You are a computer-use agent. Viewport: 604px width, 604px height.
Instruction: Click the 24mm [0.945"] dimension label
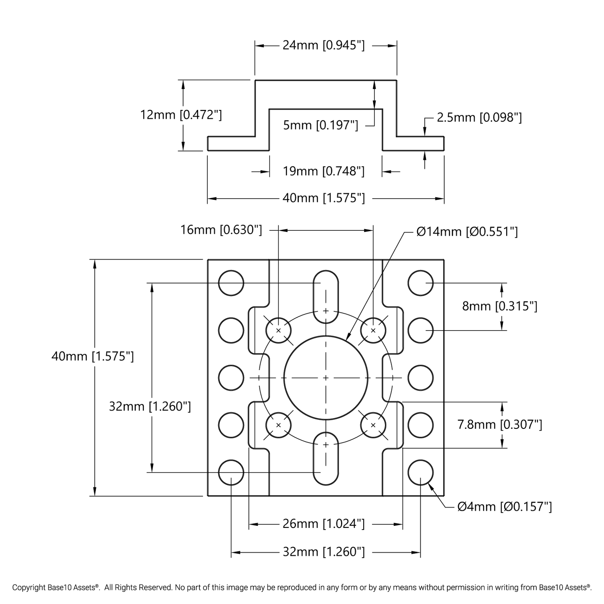coord(324,45)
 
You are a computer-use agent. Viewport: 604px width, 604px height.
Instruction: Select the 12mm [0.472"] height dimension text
coord(181,115)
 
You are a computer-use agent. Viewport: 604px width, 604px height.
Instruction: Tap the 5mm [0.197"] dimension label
coord(321,125)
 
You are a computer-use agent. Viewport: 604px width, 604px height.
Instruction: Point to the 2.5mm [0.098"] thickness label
coord(479,117)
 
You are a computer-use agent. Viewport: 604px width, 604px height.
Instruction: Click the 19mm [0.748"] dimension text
coord(324,171)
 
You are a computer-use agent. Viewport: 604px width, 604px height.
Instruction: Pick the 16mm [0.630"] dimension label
coord(221,230)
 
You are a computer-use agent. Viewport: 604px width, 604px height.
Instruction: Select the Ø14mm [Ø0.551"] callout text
coord(467,232)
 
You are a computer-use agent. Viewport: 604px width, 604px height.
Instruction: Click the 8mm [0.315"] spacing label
coord(500,306)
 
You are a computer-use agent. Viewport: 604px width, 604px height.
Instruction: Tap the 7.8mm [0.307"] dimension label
coord(500,425)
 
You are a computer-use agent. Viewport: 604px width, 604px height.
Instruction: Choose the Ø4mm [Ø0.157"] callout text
coord(505,507)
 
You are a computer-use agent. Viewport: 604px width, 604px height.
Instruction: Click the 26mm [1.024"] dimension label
coord(324,523)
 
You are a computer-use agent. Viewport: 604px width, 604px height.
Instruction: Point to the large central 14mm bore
coord(326,378)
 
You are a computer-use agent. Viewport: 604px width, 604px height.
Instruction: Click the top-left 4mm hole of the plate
coord(231,283)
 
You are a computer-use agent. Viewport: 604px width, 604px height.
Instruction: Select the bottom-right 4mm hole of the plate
coord(421,473)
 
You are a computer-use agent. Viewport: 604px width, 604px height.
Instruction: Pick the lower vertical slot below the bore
coord(326,459)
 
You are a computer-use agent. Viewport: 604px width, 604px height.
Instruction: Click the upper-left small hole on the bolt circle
coord(278,330)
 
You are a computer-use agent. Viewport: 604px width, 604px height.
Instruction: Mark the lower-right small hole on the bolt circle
coord(373,425)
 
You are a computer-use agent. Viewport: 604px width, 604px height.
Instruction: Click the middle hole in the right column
coord(421,378)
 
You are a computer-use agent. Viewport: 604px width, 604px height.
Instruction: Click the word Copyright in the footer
coord(28,588)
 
